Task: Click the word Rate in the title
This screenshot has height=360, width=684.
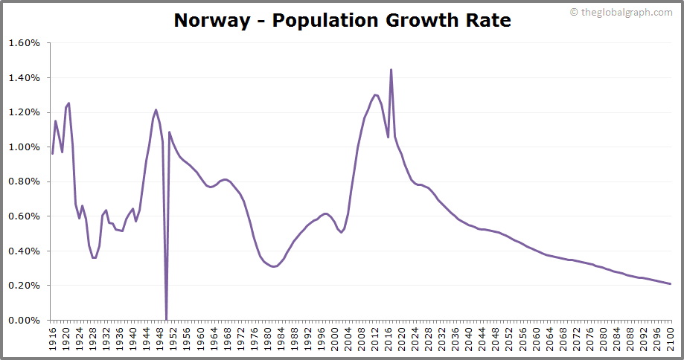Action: [488, 20]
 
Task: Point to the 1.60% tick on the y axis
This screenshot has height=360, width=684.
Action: [24, 43]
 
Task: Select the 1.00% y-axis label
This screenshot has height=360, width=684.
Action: [24, 147]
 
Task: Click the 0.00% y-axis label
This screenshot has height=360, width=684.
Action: [24, 321]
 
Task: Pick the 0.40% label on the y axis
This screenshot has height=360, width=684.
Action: [24, 251]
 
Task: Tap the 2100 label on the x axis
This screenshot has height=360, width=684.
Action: [671, 338]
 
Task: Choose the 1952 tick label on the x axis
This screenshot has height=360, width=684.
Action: [173, 338]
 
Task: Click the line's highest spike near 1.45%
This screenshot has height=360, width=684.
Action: [391, 70]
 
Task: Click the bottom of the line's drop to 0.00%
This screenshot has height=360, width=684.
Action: [166, 319]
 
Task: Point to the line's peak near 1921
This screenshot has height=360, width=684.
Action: [69, 103]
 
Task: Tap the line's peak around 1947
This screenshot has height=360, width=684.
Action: [156, 110]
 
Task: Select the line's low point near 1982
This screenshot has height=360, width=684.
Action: [274, 266]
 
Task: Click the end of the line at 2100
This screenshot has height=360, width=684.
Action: [671, 284]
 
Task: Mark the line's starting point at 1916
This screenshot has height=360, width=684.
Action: [52, 153]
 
